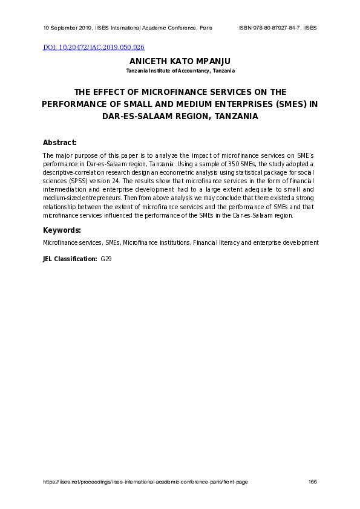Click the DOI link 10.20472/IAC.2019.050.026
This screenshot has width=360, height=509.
click(x=94, y=47)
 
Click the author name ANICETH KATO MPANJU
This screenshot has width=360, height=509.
click(x=180, y=62)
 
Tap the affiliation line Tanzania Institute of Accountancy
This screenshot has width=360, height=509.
click(x=180, y=71)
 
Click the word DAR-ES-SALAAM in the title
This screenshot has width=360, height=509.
click(x=135, y=116)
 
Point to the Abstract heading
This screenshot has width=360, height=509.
click(x=59, y=143)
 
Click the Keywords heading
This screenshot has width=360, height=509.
click(x=62, y=230)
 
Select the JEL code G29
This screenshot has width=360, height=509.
click(x=106, y=259)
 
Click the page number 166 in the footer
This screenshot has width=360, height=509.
click(x=312, y=482)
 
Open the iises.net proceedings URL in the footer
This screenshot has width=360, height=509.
click(x=145, y=482)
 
